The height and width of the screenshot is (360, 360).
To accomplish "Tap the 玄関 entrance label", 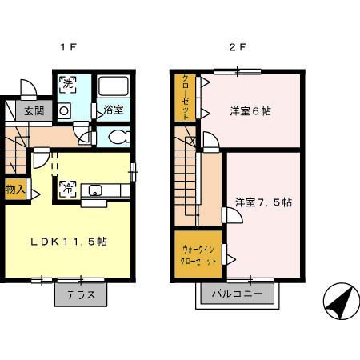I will pos(33,111).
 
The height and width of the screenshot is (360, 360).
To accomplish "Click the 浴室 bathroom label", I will pos(112,111).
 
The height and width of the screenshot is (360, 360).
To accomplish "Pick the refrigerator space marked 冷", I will pos(68,189).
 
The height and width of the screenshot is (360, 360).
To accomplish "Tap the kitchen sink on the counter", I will pos(96,190).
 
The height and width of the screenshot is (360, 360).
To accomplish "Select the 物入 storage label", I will pos(15,190).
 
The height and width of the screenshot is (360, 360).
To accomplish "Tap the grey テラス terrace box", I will pos(81,294).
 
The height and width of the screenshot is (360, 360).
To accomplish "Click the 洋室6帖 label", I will pos(250,111).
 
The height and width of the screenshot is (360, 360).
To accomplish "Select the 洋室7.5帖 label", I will pos(262,202).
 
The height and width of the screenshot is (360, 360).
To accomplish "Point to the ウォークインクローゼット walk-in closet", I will pos(197,255).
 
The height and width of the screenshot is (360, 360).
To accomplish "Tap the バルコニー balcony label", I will pos(240,294).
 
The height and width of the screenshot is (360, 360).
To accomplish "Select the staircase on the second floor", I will pos(190,180).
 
